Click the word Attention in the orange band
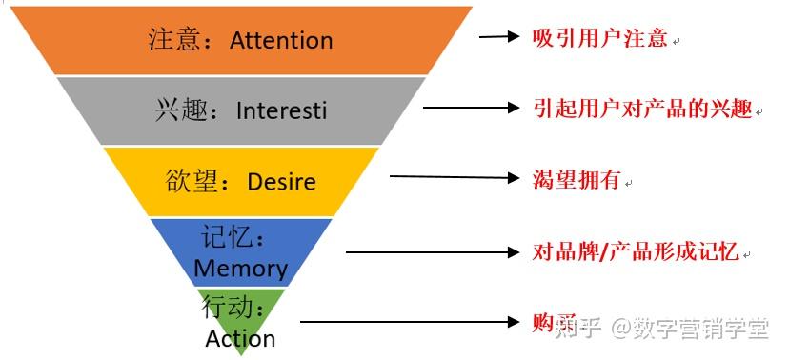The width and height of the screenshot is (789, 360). click(x=281, y=41)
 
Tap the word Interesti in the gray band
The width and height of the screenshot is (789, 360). click(x=281, y=110)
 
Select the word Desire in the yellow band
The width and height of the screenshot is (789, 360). click(x=281, y=181)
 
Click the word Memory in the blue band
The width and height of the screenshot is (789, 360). click(x=240, y=269)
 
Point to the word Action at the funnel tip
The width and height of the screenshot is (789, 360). click(x=240, y=338)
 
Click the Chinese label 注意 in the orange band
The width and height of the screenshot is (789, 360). click(x=177, y=41)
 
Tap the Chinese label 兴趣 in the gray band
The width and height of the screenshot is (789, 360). click(x=177, y=110)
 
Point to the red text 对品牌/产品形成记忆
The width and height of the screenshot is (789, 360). click(x=636, y=251)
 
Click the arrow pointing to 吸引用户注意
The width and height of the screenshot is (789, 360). click(x=497, y=37)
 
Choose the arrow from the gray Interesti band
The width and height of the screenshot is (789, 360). click(x=472, y=108)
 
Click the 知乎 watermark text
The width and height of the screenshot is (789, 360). click(x=582, y=329)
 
